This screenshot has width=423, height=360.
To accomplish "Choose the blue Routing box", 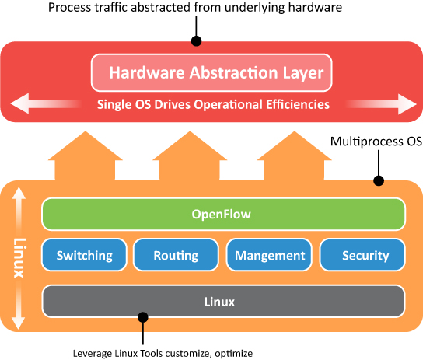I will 176,255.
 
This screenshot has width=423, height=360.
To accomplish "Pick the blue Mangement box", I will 269,255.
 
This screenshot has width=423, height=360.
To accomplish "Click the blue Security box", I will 362,255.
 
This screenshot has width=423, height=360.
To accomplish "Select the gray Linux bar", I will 224,301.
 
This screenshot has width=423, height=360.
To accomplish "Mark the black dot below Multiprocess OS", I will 379,180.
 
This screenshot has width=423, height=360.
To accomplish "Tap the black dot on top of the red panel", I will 196,40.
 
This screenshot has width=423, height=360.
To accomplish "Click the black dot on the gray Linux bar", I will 142,316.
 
